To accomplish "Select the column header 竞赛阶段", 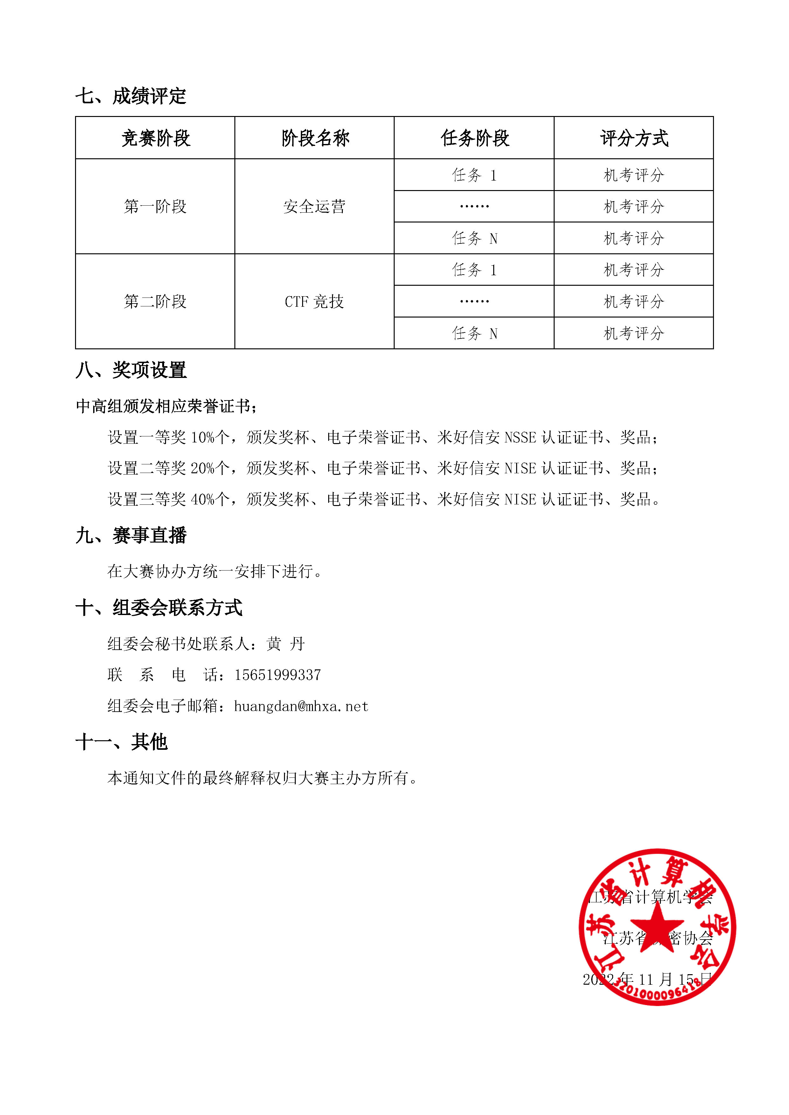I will tap(156, 138).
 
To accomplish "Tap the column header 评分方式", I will tap(634, 138).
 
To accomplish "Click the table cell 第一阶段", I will tap(156, 206).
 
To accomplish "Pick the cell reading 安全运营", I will tap(314, 206).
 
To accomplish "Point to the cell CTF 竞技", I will tap(314, 302).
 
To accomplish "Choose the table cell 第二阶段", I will tap(156, 302).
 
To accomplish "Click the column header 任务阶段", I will tap(475, 138).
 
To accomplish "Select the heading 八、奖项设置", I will tap(131, 370).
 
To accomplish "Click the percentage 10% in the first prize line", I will tap(202, 438).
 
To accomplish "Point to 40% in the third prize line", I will tap(202, 499).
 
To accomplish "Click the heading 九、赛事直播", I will tap(131, 535).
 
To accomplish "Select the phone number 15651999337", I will tap(277, 675).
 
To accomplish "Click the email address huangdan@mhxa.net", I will tap(301, 706).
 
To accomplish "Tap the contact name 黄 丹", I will tap(286, 644).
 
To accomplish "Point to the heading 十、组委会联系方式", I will tap(159, 607).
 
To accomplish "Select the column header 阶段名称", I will tap(315, 138).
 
